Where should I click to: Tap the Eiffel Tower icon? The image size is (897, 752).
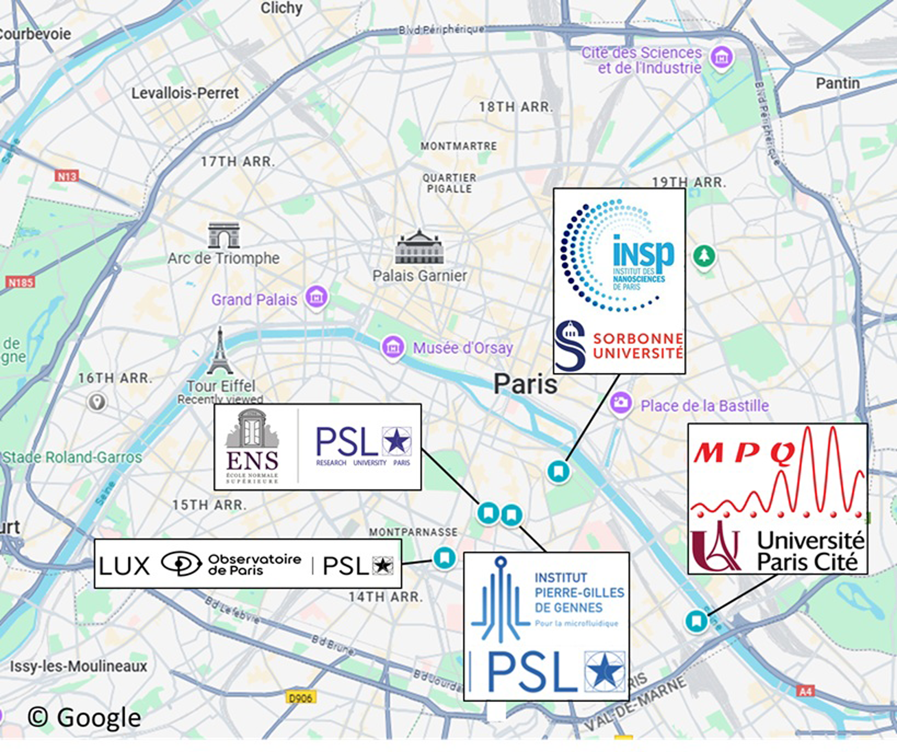[220, 351]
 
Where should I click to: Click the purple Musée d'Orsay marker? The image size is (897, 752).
[393, 347]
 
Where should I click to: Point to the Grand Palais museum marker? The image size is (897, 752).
[316, 297]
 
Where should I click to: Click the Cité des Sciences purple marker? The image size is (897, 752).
[721, 57]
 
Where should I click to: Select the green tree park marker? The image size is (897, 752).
[704, 256]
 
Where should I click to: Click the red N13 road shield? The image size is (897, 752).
[67, 176]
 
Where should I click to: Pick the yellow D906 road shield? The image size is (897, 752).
[301, 698]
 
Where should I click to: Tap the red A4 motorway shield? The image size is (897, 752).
[805, 691]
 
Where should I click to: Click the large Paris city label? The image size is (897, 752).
[525, 384]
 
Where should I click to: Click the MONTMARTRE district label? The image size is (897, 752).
[459, 146]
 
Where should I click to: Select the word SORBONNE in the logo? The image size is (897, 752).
[638, 339]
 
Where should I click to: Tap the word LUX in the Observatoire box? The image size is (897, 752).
[124, 566]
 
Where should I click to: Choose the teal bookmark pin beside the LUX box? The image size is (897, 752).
[444, 558]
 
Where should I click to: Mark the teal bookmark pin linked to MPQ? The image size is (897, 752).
[696, 621]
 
